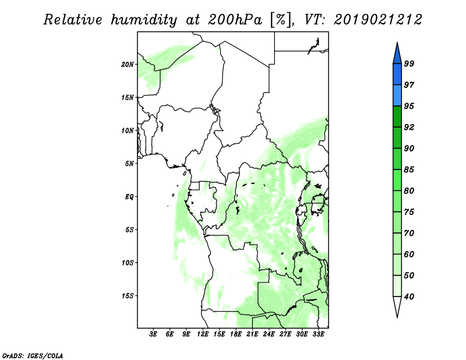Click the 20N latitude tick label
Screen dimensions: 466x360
tap(128, 65)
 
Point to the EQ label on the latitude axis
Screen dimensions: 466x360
tap(129, 197)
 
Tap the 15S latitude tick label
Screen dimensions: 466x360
tap(128, 296)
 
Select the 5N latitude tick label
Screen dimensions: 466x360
tap(129, 164)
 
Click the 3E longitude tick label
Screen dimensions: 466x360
tap(153, 334)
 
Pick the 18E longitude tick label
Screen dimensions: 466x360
tap(235, 334)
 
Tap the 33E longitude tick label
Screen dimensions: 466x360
tap(318, 334)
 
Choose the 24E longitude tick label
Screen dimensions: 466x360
tap(269, 334)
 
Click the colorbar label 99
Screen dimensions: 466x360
tap(409, 63)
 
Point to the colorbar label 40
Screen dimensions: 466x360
tap(409, 297)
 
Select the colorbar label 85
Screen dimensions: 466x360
tap(409, 170)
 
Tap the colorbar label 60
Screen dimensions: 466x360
tap(409, 255)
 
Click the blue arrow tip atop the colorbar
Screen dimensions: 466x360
tap(397, 43)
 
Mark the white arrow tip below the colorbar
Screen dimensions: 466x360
tap(397, 317)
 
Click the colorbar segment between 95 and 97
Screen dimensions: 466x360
tap(397, 96)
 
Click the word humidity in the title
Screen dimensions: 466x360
tap(144, 20)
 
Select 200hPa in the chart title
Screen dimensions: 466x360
tap(235, 20)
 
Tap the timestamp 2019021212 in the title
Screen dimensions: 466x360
tap(377, 20)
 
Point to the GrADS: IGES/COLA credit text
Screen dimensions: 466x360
tap(33, 355)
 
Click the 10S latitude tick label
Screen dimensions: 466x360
tap(128, 263)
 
